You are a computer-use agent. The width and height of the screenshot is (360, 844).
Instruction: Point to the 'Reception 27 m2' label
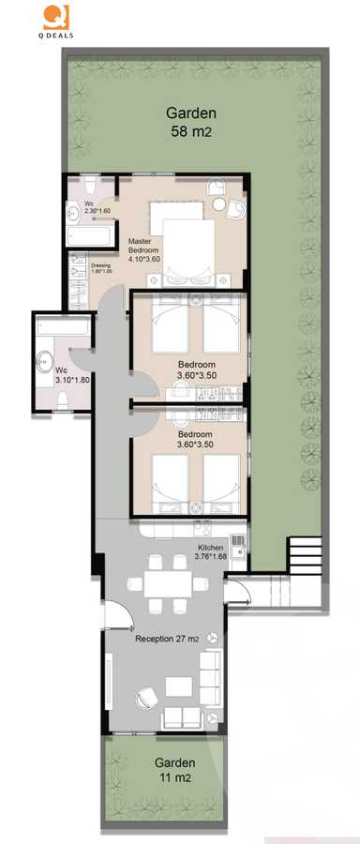tap(166, 639)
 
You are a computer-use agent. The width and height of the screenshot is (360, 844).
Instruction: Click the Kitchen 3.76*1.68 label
tap(210, 551)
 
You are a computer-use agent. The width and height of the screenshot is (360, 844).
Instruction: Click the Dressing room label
tap(100, 268)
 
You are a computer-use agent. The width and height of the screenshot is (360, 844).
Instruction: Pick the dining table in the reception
tap(170, 581)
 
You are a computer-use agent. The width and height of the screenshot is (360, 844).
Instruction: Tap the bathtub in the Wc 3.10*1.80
tap(63, 328)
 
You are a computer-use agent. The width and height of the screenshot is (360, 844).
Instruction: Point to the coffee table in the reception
tap(178, 686)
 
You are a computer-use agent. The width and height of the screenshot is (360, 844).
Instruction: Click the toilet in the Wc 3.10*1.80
tap(63, 399)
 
